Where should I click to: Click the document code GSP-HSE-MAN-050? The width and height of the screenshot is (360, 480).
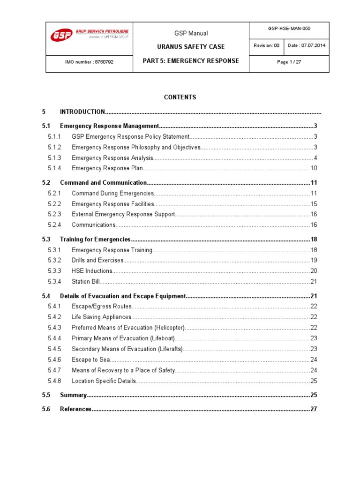pos(289,29)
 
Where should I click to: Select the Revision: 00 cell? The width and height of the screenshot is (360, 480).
pos(266,45)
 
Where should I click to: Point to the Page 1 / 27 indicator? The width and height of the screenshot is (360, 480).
pos(289,61)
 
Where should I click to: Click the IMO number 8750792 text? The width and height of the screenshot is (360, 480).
pos(89,61)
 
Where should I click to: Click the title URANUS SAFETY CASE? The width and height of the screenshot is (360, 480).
pos(190,47)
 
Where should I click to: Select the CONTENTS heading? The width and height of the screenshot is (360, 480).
pos(180,97)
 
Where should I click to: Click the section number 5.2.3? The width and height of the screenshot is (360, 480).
pos(55,214)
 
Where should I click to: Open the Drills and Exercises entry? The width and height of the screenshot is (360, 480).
pos(97,260)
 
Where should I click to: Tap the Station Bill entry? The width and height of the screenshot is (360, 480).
pos(86,282)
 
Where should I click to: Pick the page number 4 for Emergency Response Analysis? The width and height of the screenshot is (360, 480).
pos(315,158)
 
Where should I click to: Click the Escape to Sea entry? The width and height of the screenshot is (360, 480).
pos(90,360)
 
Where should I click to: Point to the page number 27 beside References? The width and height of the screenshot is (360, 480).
pos(314,409)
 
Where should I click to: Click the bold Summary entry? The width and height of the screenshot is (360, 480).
pos(73,395)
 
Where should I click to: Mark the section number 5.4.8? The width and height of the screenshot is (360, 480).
pos(55,381)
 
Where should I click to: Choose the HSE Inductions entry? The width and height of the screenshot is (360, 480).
pos(92,271)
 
